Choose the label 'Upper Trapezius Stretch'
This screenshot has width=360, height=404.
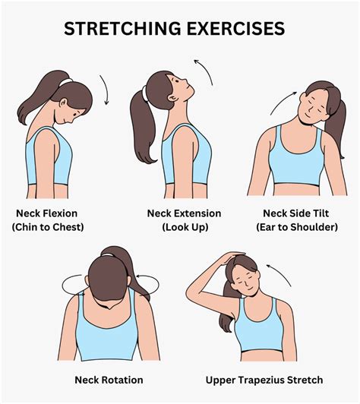point(264,379)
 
